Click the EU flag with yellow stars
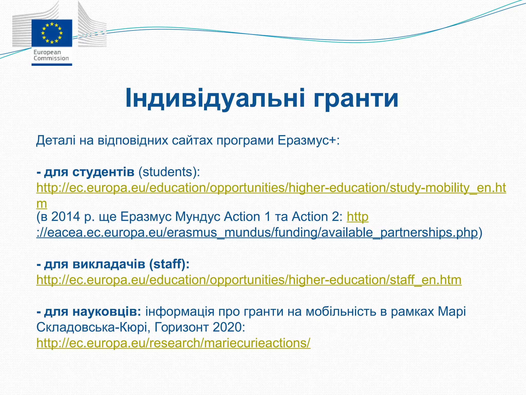(52, 33)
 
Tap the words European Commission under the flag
(51, 55)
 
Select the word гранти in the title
(356, 98)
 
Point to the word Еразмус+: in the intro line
(308, 141)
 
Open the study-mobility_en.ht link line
(271, 188)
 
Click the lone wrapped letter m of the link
(42, 204)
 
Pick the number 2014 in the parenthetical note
(66, 217)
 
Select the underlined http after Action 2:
(358, 217)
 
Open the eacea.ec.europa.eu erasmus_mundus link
(257, 232)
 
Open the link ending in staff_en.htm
(249, 280)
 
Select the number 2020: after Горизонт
(229, 328)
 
